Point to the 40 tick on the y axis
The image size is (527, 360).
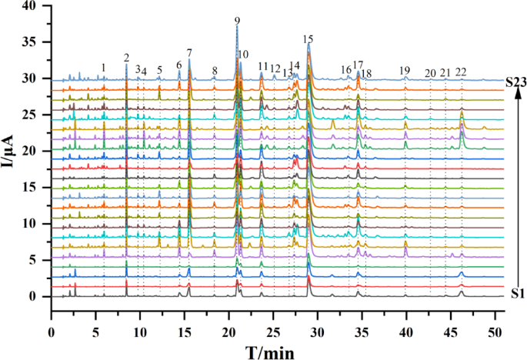pyautogui.click(x=30, y=6)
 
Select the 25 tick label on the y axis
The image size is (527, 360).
pyautogui.click(x=30, y=115)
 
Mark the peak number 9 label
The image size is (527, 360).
pyautogui.click(x=237, y=21)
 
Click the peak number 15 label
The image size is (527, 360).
pyautogui.click(x=309, y=38)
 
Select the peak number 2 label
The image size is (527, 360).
pyautogui.click(x=126, y=58)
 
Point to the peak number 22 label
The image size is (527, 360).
pyautogui.click(x=461, y=72)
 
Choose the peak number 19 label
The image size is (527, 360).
pyautogui.click(x=405, y=72)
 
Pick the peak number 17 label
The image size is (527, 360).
pyautogui.click(x=358, y=65)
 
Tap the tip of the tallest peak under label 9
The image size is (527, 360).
pyautogui.click(x=237, y=27)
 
